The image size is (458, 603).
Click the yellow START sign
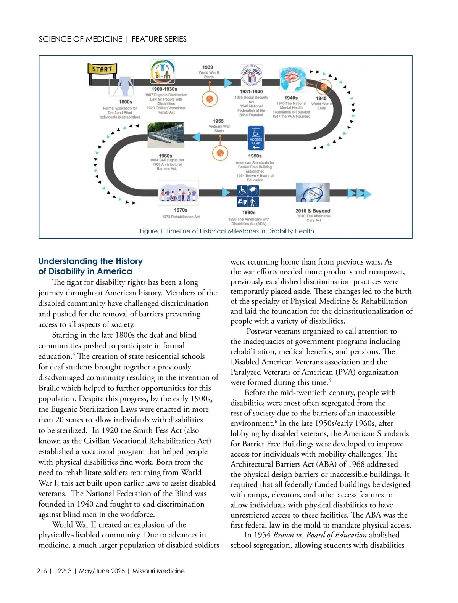click(102, 69)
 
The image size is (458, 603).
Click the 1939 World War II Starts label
click(208, 72)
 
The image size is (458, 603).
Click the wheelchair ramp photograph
click(166, 135)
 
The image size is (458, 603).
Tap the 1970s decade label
click(181, 210)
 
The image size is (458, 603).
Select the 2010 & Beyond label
click(313, 211)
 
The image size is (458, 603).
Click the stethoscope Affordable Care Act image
click(313, 192)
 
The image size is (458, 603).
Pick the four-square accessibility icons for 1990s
click(248, 196)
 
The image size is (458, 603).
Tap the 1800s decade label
click(126, 102)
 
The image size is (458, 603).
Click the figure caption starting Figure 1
click(227, 231)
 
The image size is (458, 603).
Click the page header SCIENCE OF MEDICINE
click(81, 39)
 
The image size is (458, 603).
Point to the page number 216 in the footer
click(42, 571)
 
